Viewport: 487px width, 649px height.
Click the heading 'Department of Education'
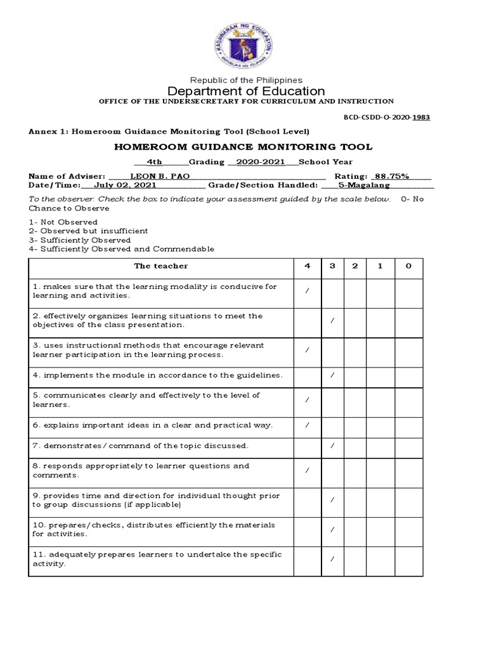tap(246, 91)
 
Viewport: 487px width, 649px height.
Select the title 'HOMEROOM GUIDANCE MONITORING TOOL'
tap(243, 147)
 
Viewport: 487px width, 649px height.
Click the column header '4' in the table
tap(307, 266)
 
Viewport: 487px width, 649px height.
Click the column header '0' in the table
tap(408, 266)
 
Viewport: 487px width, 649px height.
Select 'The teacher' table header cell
tap(160, 266)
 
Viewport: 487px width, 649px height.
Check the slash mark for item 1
tap(307, 291)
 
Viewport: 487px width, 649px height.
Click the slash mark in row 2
tap(332, 321)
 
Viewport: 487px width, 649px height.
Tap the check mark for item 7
tap(332, 446)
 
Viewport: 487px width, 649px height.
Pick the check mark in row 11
tap(332, 559)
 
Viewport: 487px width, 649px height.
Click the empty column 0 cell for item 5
tap(408, 400)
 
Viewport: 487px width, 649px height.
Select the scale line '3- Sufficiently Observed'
tap(80, 240)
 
